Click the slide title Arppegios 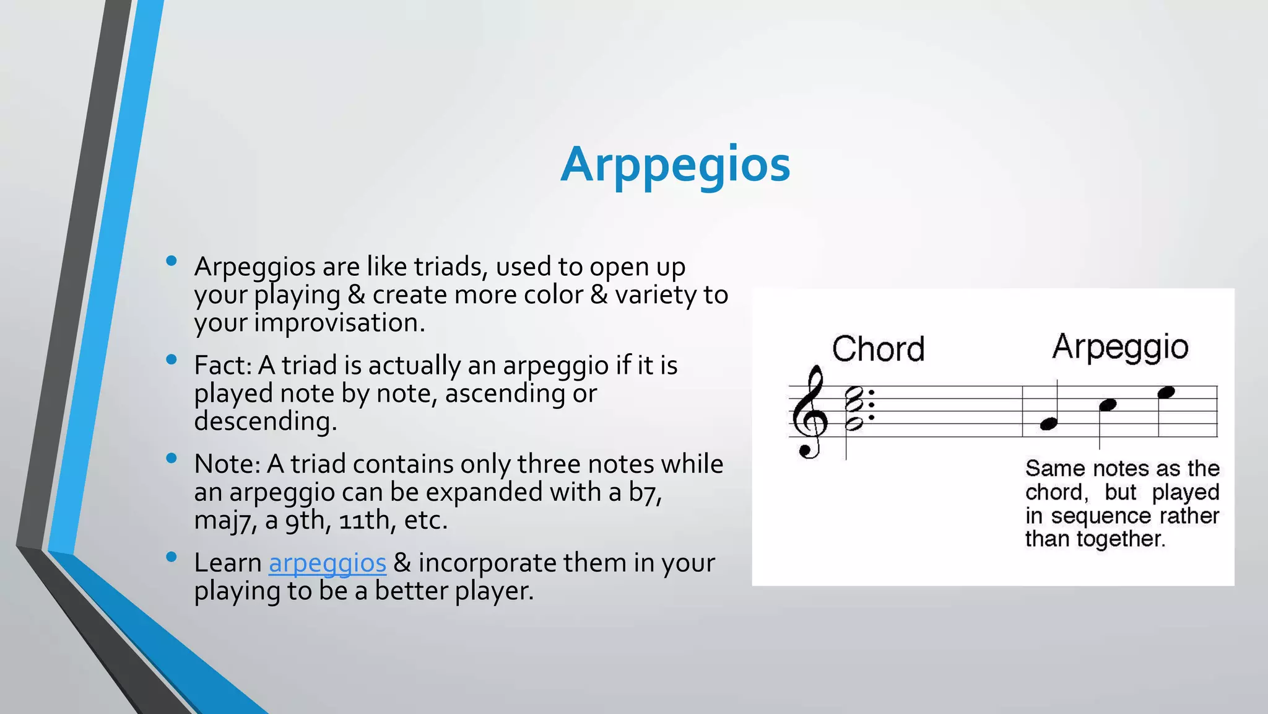click(x=675, y=165)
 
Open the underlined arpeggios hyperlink click(x=327, y=563)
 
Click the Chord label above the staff click(x=877, y=349)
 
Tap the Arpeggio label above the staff click(x=1119, y=347)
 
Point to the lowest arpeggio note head click(x=1048, y=424)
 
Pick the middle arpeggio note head click(x=1107, y=405)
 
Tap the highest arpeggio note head click(x=1166, y=392)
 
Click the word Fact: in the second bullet click(x=222, y=365)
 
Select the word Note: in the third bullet click(x=226, y=464)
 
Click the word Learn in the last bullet click(x=227, y=563)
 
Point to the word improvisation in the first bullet click(x=339, y=322)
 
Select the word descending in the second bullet click(x=265, y=421)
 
